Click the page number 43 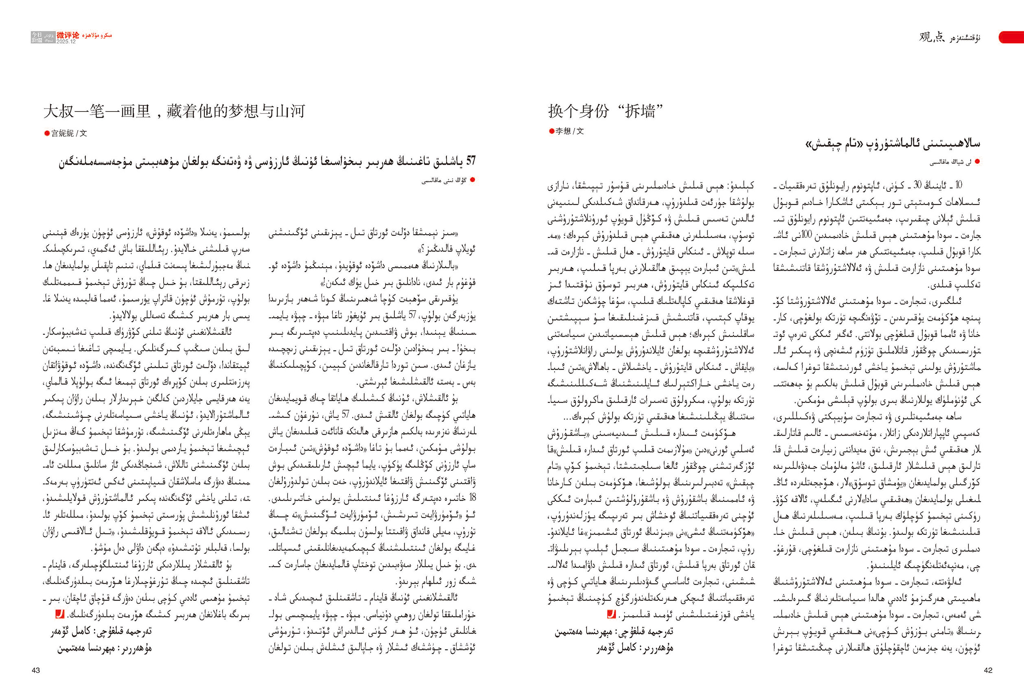click(x=36, y=670)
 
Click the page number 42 click(x=988, y=670)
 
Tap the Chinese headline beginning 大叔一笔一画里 click(x=174, y=111)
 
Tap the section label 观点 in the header click(x=932, y=37)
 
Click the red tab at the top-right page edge click(x=1012, y=37)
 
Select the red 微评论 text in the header click(x=68, y=35)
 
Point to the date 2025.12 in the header click(x=66, y=42)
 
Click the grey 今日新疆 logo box click(x=37, y=37)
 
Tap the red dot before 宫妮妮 click(x=47, y=133)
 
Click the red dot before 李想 click(x=551, y=131)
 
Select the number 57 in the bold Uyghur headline click(x=470, y=161)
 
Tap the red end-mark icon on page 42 click(x=611, y=614)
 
